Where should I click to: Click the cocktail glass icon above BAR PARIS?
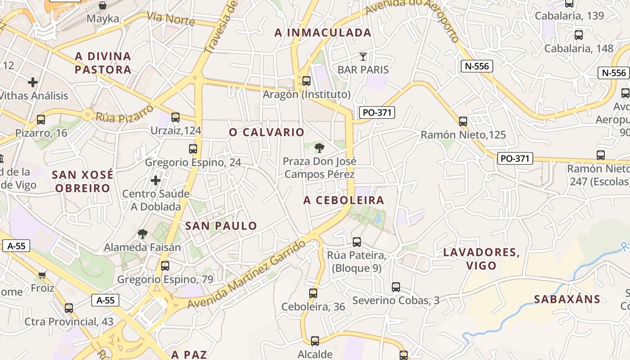(x=363, y=57)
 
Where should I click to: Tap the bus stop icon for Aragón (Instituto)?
(x=306, y=81)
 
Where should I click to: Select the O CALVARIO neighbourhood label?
(x=267, y=132)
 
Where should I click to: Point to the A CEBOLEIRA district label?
(x=344, y=200)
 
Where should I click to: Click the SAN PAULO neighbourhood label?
(x=221, y=226)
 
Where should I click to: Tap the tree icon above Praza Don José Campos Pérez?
(x=319, y=148)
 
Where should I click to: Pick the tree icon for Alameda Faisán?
(x=143, y=234)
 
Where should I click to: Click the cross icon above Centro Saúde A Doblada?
(x=156, y=180)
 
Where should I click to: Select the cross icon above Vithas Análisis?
(x=33, y=82)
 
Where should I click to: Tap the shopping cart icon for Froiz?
(x=42, y=274)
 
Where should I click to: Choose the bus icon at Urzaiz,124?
(x=175, y=117)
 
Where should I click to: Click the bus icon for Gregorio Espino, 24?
(x=193, y=149)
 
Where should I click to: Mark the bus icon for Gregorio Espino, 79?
(x=165, y=266)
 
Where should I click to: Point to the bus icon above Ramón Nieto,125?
(x=463, y=121)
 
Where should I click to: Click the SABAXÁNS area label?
(x=567, y=299)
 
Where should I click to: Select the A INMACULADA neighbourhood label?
(x=323, y=32)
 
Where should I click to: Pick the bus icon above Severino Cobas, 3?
(x=396, y=287)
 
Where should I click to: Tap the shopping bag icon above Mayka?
(x=103, y=6)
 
